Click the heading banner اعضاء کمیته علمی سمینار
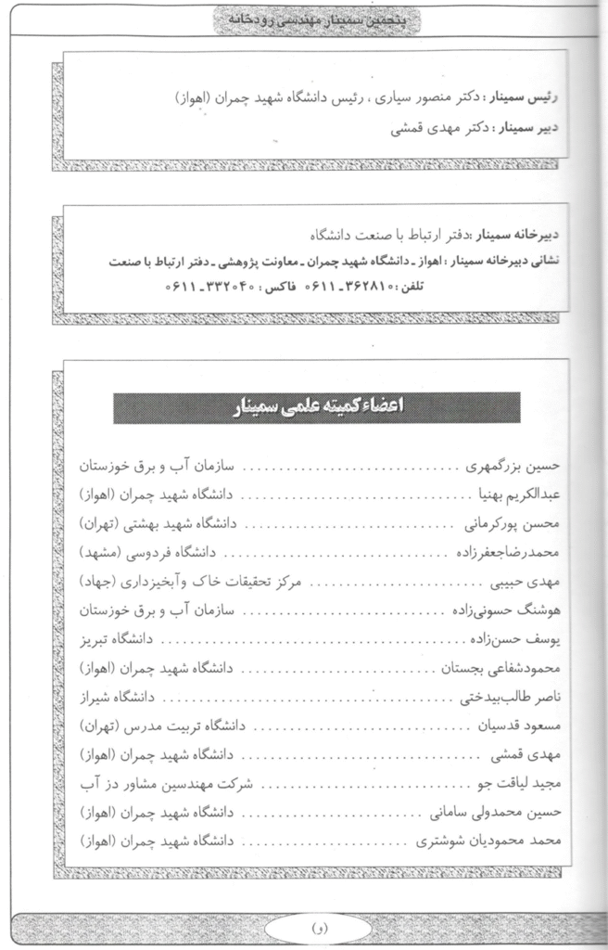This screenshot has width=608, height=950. [316, 407]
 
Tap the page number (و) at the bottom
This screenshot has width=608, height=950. [310, 926]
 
